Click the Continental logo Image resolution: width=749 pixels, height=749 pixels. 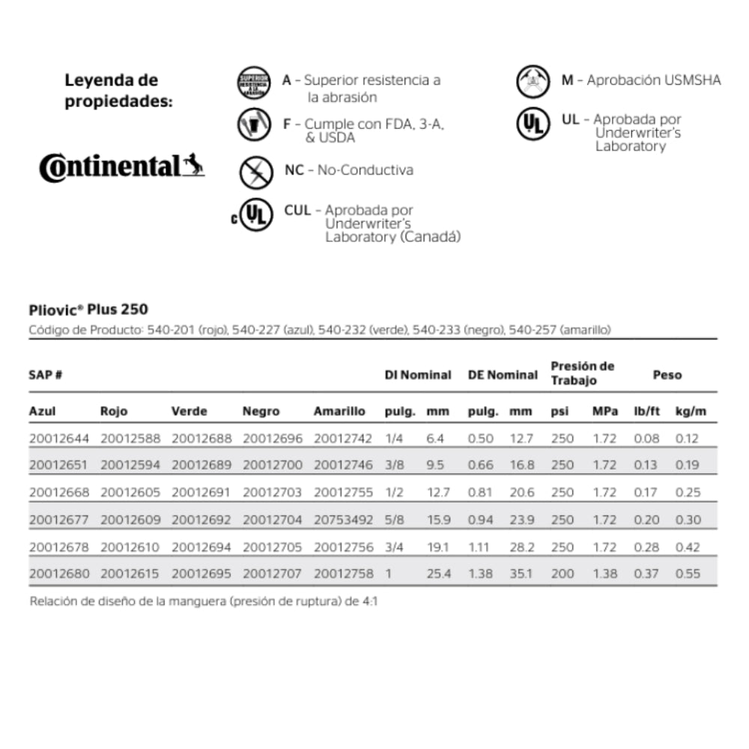tap(121, 166)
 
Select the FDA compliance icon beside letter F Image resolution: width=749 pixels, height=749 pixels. tap(253, 125)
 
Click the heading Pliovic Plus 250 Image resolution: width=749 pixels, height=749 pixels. tap(88, 309)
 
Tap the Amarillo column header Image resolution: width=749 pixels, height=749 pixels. tap(339, 411)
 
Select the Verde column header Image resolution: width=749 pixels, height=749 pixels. tap(189, 411)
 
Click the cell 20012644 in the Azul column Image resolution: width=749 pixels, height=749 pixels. tap(59, 438)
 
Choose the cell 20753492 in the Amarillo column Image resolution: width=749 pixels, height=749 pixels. tap(344, 520)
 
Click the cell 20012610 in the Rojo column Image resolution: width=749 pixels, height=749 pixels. tap(130, 547)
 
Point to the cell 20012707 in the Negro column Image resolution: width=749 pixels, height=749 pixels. tap(273, 574)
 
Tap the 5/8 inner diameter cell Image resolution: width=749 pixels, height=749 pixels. tap(395, 520)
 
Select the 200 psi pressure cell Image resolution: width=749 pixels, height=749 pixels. tap(562, 574)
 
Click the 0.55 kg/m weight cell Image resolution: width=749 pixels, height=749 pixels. tap(688, 574)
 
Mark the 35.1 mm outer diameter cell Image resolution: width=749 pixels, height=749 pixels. tap(521, 574)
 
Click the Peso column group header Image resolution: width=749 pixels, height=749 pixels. tap(667, 374)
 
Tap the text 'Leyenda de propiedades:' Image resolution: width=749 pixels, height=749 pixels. tap(118, 90)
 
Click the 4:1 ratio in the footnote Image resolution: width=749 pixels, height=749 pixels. tap(367, 601)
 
